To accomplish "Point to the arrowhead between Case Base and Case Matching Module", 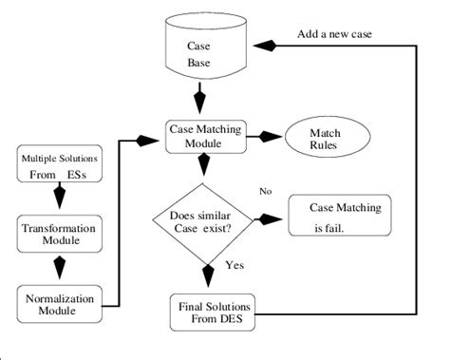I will [x=200, y=99].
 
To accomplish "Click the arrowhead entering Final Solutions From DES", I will [x=207, y=279].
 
